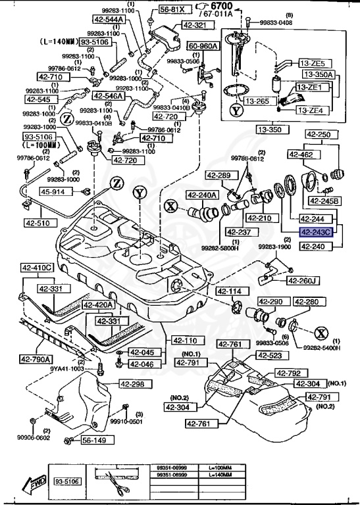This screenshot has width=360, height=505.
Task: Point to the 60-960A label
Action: pos(203,47)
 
